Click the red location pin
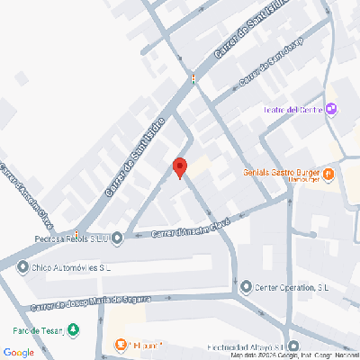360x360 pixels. click(179, 167)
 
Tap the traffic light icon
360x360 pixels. click(193, 79)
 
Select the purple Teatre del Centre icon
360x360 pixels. click(331, 110)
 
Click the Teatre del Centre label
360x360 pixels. click(292, 110)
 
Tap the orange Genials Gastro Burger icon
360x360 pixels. click(329, 173)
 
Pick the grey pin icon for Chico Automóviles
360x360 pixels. click(22, 267)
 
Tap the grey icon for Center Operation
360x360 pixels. click(246, 288)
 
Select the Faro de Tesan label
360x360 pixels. click(39, 330)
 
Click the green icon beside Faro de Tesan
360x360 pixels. click(74, 329)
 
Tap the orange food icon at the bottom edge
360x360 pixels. click(120, 345)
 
